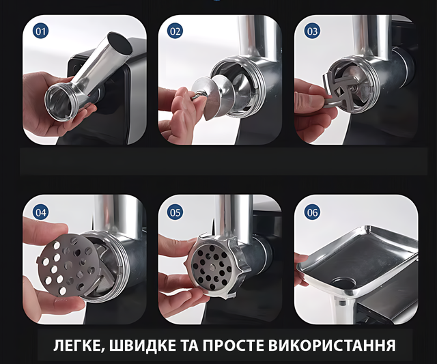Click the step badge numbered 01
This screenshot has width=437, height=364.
point(40,31)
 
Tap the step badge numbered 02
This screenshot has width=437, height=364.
point(175,31)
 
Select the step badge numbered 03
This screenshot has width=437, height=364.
point(312,31)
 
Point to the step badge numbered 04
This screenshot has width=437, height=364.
point(40,212)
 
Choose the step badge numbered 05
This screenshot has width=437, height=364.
point(175,212)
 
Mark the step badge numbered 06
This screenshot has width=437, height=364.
point(312,212)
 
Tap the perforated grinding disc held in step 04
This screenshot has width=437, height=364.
point(68,265)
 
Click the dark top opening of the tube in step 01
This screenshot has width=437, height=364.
point(120,42)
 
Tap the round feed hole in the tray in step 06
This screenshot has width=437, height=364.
point(343,284)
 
